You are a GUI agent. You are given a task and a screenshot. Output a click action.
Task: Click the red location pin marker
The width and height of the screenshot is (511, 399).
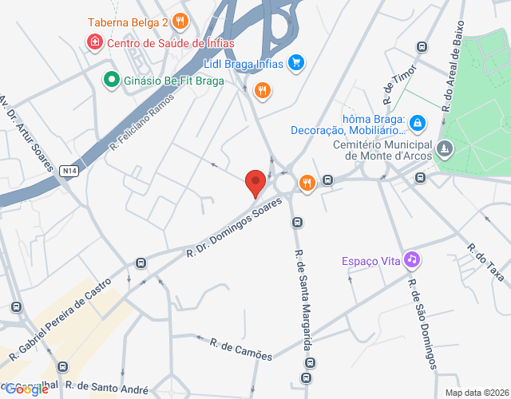[255, 182]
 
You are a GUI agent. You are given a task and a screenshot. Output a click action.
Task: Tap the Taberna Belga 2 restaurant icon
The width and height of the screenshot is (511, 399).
[181, 22]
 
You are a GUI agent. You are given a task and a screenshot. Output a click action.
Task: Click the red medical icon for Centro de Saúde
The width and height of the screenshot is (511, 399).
[94, 41]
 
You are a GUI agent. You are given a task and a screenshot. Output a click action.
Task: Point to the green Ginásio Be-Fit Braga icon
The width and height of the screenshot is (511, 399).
[111, 80]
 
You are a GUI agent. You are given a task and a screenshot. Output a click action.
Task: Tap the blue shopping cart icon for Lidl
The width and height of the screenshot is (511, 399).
[296, 62]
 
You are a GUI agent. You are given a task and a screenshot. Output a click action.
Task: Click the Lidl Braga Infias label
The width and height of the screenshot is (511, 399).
[243, 62]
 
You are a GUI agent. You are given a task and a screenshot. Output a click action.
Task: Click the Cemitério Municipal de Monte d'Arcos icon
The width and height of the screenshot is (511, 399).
[445, 148]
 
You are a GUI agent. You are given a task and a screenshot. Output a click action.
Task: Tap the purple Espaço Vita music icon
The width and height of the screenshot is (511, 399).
[412, 259]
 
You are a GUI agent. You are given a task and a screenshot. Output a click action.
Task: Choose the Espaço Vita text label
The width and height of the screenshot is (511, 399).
[370, 260]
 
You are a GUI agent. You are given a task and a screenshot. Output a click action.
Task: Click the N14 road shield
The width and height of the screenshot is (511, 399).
[69, 170]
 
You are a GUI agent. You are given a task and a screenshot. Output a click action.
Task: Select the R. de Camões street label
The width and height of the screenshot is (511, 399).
[240, 349]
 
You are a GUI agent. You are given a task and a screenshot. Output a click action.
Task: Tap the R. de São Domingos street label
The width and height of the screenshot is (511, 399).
[422, 322]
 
